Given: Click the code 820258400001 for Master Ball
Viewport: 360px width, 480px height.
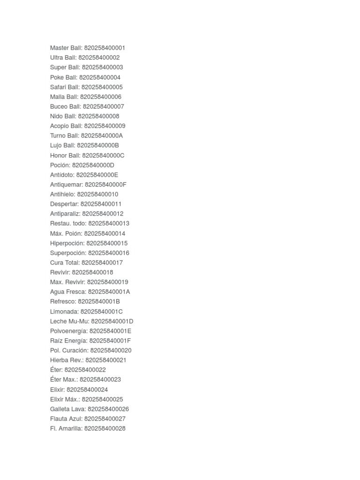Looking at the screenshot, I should (105, 48).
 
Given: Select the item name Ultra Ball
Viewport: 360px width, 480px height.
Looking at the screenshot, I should (63, 58).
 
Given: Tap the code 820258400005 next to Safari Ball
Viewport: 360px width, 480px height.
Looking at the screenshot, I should (102, 87).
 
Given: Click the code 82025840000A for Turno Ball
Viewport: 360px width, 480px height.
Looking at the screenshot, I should (102, 136).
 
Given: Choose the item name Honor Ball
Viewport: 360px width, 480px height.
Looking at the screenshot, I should (65, 155).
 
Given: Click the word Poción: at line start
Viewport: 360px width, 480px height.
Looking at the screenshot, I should (60, 165).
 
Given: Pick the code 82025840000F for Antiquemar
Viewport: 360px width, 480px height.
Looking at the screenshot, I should (105, 185).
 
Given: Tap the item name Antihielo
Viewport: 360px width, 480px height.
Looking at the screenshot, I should (62, 195).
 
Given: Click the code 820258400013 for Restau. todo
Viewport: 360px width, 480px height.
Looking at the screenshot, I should (109, 224).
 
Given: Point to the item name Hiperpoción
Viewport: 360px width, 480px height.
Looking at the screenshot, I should (67, 243).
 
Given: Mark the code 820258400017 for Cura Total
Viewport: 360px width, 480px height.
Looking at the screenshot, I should (102, 262).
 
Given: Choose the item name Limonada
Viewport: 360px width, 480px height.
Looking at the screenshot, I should (64, 311).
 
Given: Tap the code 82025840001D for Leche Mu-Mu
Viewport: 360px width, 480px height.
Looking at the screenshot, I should (112, 321).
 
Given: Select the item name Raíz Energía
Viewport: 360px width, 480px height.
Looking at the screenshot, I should (68, 341).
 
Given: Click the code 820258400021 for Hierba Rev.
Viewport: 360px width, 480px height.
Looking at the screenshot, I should (106, 360).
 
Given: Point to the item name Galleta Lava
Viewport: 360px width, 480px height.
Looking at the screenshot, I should (67, 409).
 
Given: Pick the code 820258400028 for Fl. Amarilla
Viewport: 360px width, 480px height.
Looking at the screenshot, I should (105, 428).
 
